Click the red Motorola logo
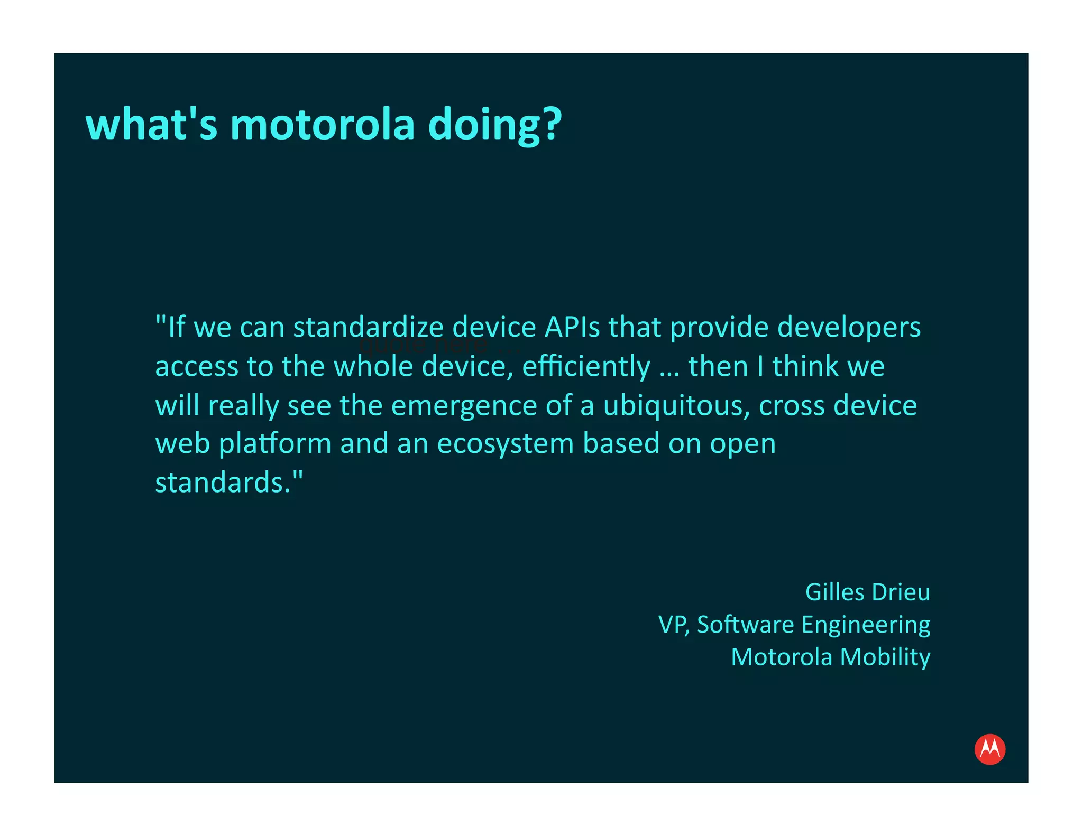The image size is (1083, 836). click(x=989, y=749)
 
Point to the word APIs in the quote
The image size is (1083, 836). click(x=572, y=327)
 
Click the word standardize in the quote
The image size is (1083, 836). click(x=368, y=327)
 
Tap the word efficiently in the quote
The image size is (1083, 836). click(x=586, y=367)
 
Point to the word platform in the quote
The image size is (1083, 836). click(x=275, y=444)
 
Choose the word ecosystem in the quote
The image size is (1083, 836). click(x=506, y=444)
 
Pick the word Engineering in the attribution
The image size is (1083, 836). click(x=866, y=626)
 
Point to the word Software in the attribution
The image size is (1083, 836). click(x=745, y=625)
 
